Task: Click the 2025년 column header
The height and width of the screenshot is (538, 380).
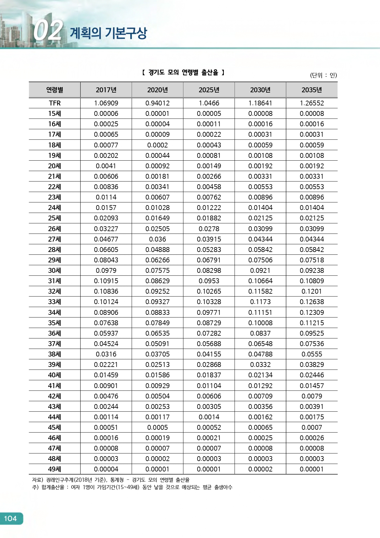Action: [209, 90]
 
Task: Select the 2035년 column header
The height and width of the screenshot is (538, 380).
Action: [312, 90]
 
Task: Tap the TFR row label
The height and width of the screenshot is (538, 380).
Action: [55, 103]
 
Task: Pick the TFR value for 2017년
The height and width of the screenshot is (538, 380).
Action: [106, 103]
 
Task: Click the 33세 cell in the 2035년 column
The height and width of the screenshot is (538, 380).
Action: [312, 302]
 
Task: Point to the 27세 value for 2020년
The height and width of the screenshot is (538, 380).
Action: [157, 239]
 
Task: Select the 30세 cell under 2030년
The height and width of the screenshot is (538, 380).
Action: [260, 270]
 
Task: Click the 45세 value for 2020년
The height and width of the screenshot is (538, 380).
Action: [157, 427]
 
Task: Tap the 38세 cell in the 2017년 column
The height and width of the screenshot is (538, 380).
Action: [106, 354]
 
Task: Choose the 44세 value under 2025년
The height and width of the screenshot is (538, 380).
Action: [209, 417]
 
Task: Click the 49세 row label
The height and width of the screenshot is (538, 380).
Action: [55, 469]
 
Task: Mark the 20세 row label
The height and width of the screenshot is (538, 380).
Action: [55, 166]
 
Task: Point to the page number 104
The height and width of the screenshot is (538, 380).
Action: [10, 518]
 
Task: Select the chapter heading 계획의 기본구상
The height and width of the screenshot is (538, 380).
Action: [108, 33]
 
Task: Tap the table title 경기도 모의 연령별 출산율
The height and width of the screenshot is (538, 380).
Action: [183, 73]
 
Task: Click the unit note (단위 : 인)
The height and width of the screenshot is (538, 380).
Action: [323, 75]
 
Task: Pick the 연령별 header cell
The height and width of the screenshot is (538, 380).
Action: [55, 90]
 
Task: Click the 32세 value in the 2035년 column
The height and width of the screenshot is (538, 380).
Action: [312, 291]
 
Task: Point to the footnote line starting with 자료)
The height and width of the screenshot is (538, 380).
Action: [111, 480]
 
